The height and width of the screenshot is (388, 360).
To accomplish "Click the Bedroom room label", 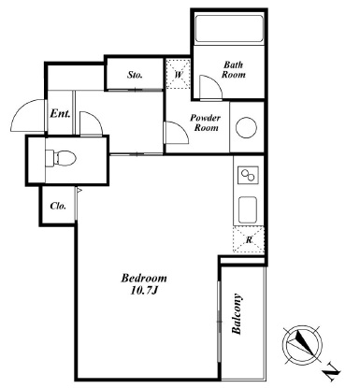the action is coord(144,278).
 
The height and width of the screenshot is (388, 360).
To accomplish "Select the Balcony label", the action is coord(237,314).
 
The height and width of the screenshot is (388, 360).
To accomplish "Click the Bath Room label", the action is coord(234,69).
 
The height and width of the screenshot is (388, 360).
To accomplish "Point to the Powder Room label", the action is coord(206,122).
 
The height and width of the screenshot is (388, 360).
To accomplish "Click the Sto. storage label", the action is coord(135,75).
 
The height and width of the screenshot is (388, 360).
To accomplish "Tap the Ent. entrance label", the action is coord(60,113).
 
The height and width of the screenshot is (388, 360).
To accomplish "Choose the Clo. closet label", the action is coord(58,206).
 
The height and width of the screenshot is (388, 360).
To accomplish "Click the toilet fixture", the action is coord(61,158).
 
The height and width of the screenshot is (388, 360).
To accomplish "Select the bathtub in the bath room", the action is coord(229,29).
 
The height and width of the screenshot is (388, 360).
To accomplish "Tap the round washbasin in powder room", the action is coord(246,127).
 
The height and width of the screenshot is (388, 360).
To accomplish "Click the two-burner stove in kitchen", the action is coord(248,175).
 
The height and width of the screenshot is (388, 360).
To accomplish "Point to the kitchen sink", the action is coord(248,210).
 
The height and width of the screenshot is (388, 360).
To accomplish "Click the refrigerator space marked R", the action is coord(249,239).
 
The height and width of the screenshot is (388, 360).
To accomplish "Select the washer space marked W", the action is coord(178,74).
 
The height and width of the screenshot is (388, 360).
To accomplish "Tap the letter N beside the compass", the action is coord(331,372).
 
